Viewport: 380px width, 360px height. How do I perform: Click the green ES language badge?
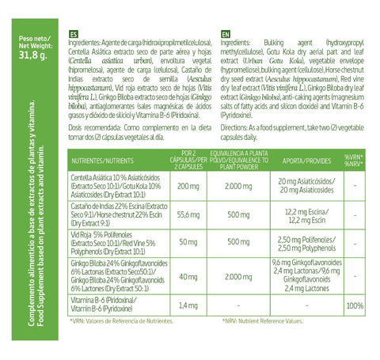point(73,35)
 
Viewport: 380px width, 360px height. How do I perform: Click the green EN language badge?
point(226,35)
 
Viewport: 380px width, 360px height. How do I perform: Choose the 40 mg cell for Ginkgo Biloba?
point(188,277)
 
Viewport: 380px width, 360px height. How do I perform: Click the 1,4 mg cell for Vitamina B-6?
point(188,305)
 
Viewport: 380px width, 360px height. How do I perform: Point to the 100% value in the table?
point(355,305)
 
